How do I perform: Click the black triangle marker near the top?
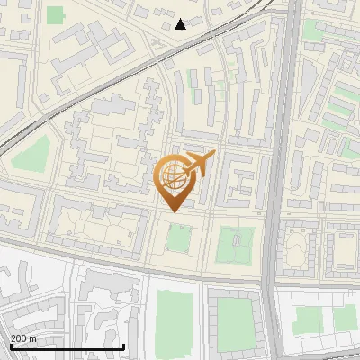(x=181, y=24)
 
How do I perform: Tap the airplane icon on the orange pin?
(x=201, y=164)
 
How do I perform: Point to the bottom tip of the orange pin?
(x=172, y=211)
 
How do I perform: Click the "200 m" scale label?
(x=24, y=337)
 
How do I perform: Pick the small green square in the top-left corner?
(x=56, y=15)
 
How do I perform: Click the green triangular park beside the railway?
(x=32, y=156)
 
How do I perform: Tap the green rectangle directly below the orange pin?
(x=177, y=239)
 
